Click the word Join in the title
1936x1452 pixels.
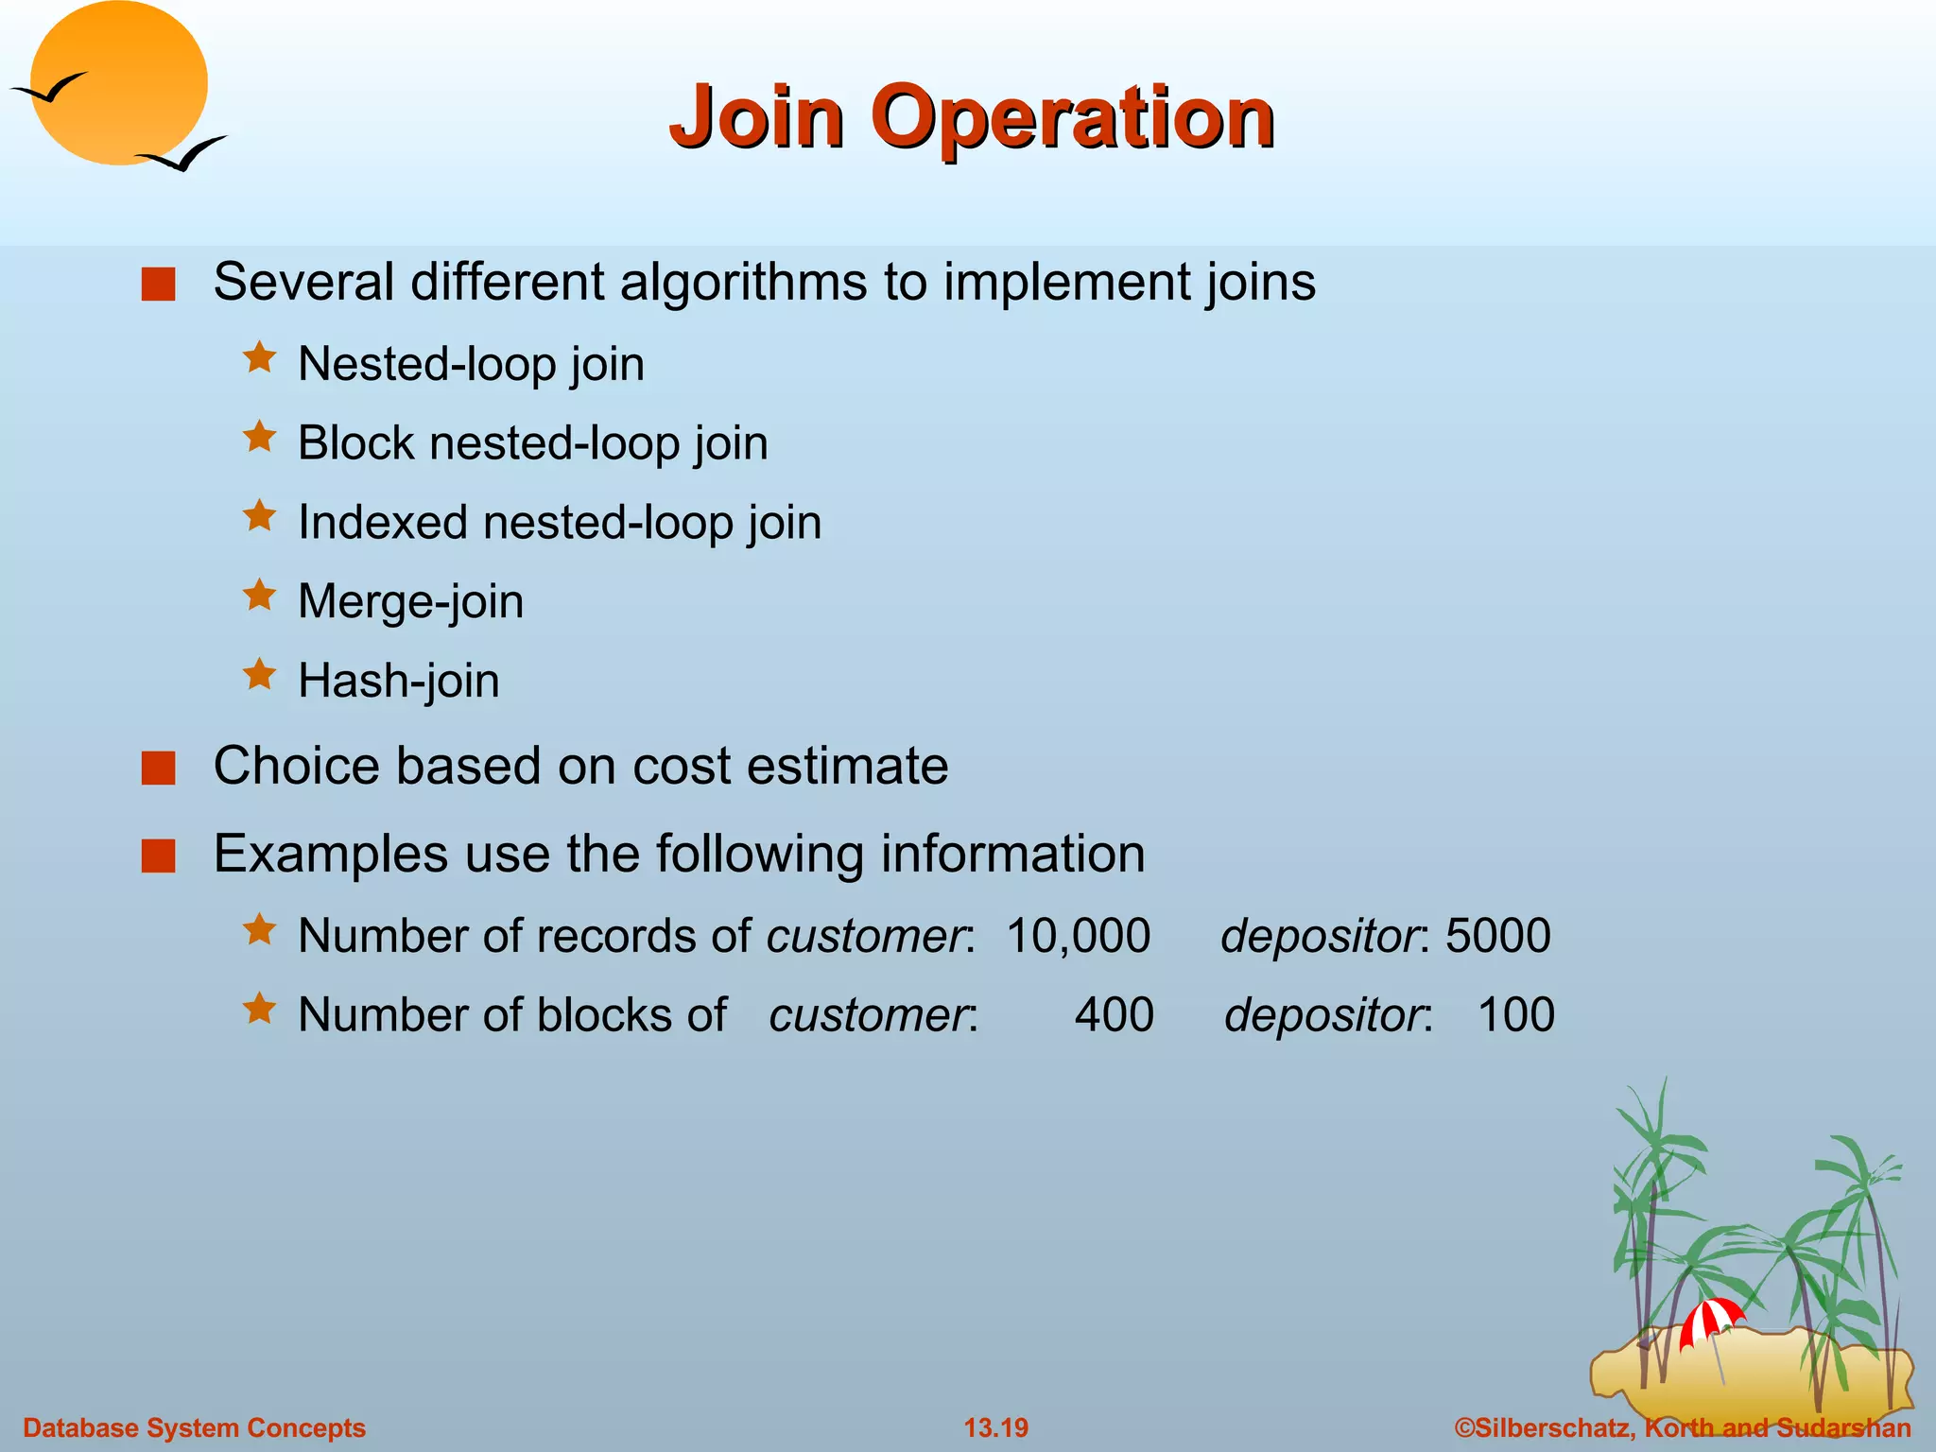[756, 117]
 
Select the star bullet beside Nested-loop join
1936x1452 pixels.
[259, 358]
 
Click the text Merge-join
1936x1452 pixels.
[410, 601]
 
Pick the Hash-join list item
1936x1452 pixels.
[398, 681]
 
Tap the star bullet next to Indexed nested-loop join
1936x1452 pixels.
[259, 516]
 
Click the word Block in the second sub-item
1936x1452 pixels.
[355, 442]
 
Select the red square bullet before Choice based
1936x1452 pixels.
[159, 768]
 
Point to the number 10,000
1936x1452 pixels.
[1078, 936]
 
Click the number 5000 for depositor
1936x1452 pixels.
[1498, 936]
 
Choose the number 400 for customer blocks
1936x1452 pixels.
[1114, 1015]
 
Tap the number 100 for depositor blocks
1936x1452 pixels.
[1515, 1015]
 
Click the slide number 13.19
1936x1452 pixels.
[995, 1427]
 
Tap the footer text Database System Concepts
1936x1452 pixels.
[194, 1427]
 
